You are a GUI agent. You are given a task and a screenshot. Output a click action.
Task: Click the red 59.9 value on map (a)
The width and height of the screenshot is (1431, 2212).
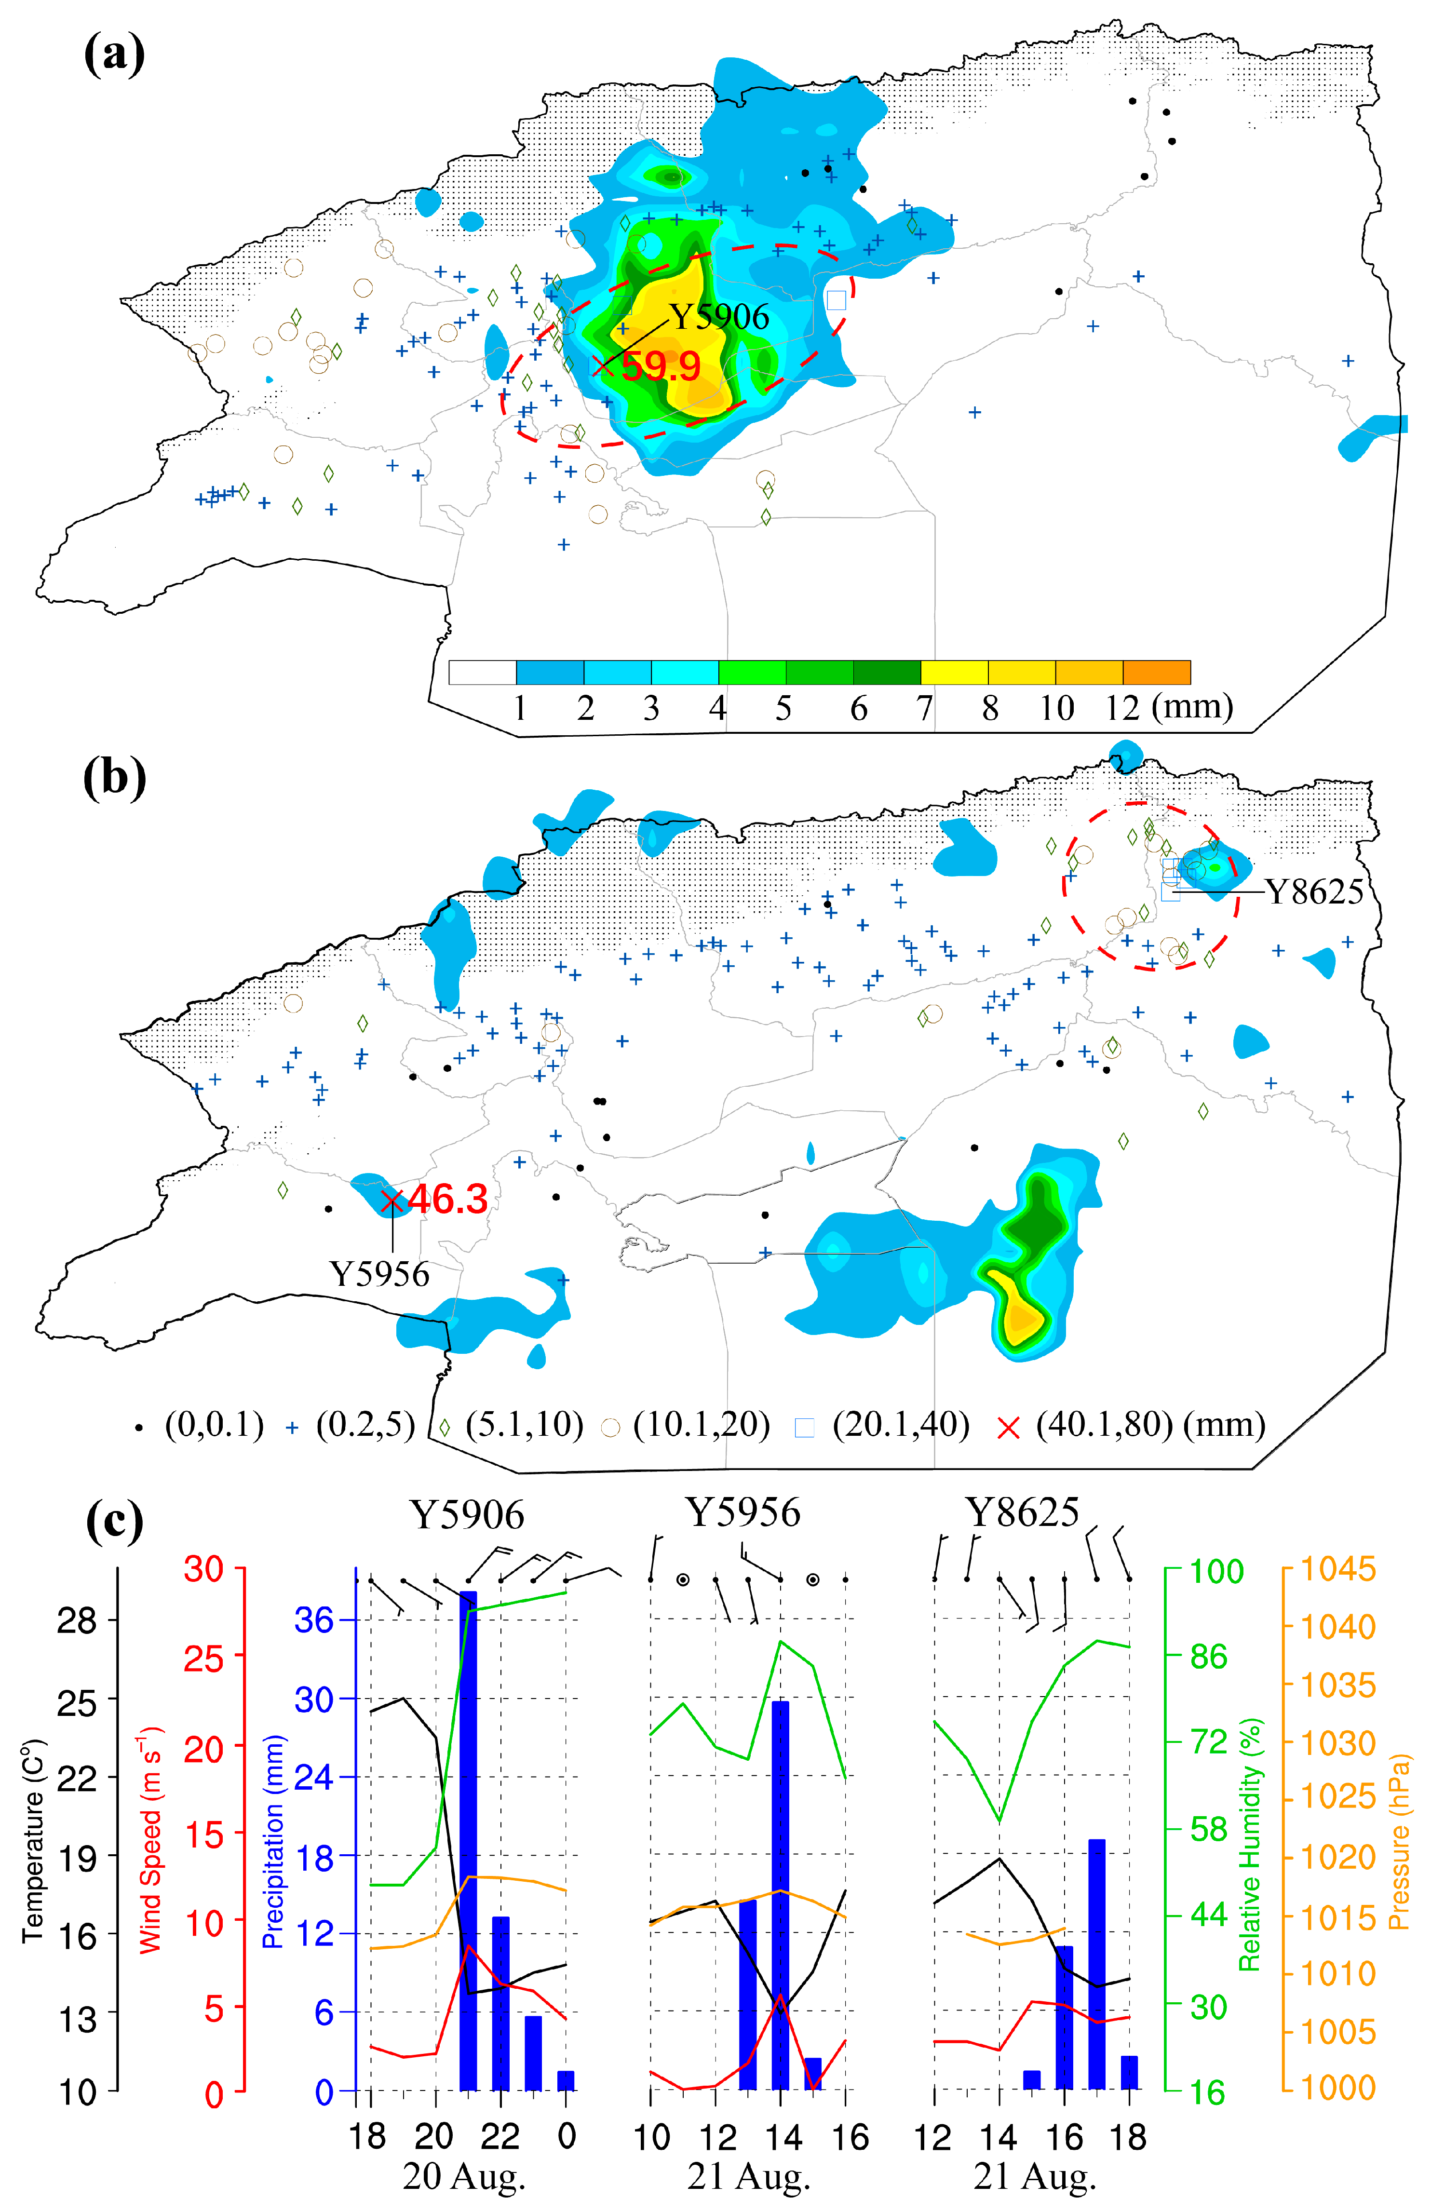[661, 367]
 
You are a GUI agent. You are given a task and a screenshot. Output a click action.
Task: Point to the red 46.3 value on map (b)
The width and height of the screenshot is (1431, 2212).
[448, 1200]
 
